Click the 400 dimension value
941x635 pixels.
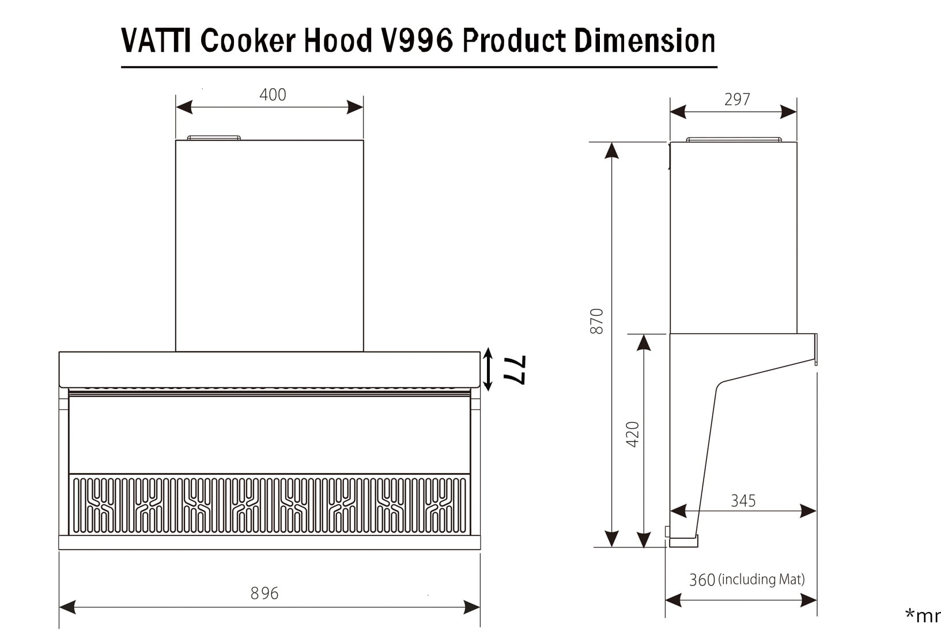273,95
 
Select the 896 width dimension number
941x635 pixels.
264,593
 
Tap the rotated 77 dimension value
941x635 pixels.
515,370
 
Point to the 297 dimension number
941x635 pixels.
737,100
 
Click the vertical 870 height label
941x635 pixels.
597,321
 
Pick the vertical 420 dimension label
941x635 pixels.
633,434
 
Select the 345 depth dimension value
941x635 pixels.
743,501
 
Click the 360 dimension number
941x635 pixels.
702,580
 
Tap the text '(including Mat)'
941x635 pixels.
761,579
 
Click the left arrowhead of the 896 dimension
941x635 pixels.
67,607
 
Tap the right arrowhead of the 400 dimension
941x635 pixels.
356,107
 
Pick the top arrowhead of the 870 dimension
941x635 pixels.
611,150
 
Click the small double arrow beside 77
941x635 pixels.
488,369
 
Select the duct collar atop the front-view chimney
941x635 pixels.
214,138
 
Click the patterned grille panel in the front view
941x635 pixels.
269,505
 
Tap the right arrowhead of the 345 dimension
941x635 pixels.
809,511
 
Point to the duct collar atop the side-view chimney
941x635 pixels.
734,139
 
